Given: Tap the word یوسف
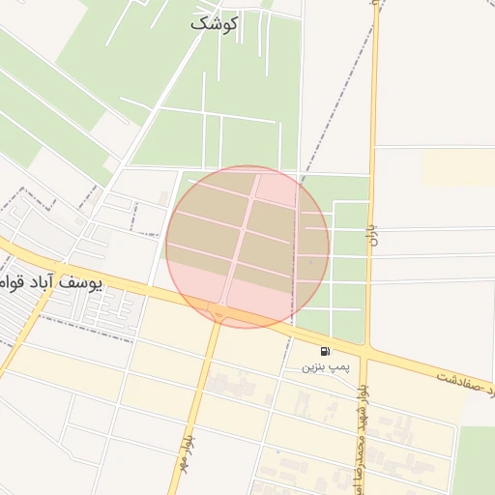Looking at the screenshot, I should (x=105, y=281).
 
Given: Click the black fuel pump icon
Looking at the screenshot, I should (x=325, y=350).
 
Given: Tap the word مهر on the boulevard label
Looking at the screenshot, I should (x=184, y=428).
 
